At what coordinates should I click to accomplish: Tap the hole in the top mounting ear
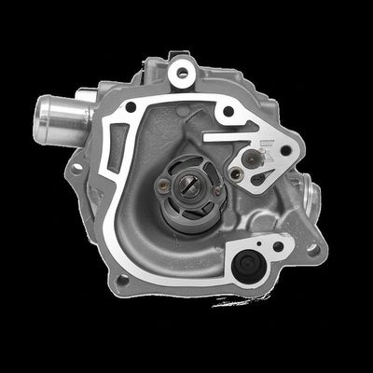pos(182,71)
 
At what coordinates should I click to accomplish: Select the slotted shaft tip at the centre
pos(189,186)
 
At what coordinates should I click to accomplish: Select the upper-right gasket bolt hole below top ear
pos(228,115)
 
